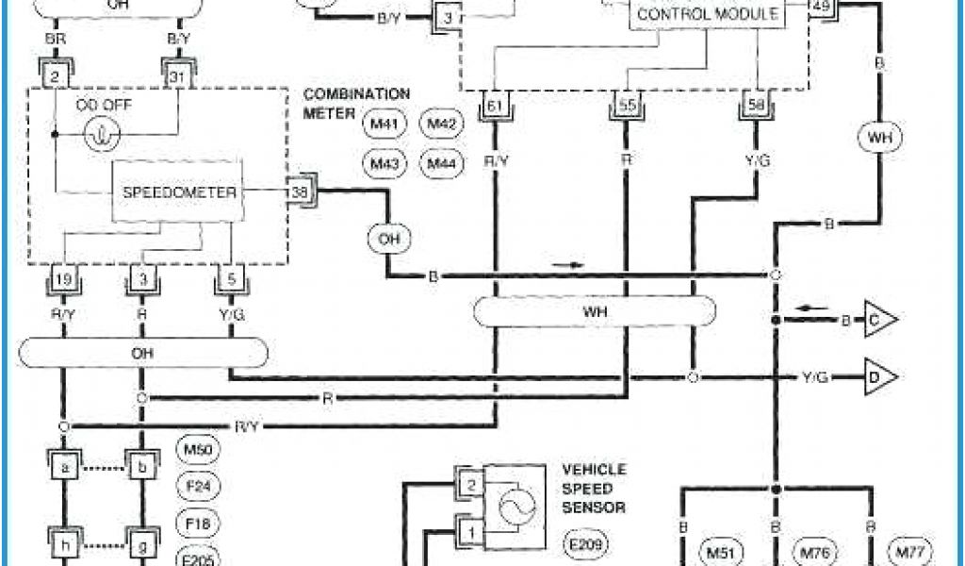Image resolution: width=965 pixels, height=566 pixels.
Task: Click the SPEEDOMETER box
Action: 179,191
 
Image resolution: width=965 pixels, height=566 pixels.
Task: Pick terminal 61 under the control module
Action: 493,106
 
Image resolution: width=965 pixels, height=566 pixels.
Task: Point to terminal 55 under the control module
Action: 625,106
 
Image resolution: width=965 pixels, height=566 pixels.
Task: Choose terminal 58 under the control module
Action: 756,106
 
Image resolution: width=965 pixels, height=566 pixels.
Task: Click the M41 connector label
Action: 382,125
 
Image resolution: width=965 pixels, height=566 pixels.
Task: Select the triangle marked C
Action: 879,322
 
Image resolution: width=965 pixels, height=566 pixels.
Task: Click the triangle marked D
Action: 879,378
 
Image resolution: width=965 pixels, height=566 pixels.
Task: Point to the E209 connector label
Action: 586,544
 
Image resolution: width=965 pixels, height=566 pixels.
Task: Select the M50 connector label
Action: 197,449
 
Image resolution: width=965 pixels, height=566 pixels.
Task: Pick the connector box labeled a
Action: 63,467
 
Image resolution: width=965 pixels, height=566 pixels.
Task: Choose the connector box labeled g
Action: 141,545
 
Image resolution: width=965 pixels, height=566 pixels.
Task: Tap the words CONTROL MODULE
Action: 708,14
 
